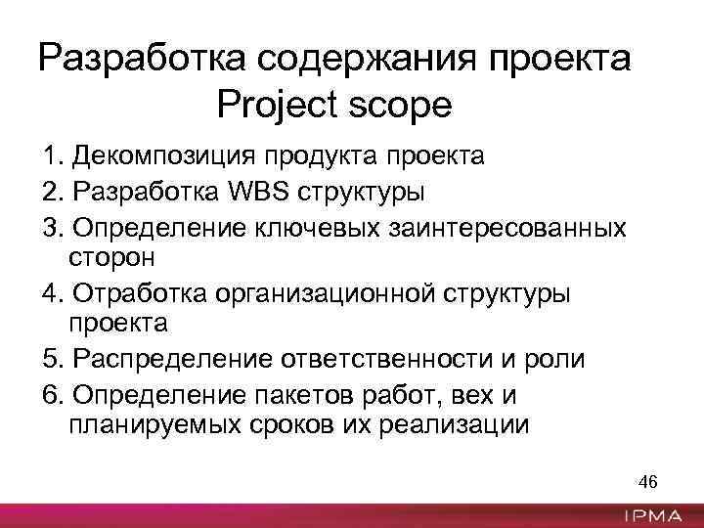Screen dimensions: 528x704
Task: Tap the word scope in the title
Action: pos(401,104)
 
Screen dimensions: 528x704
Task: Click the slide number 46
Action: pos(647,482)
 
